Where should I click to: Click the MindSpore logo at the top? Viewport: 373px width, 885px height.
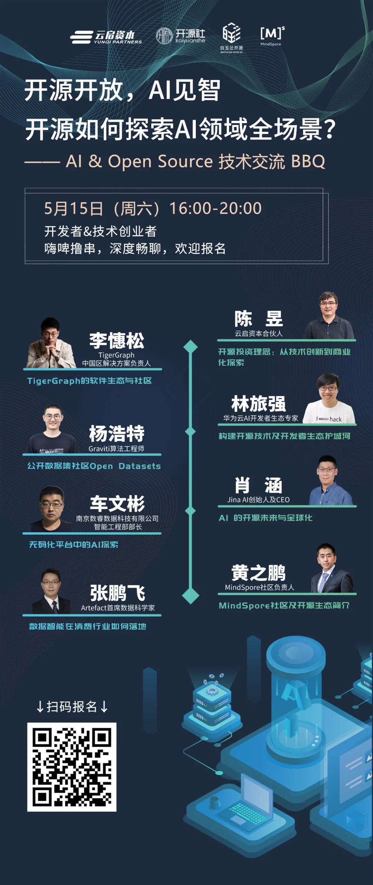(x=272, y=36)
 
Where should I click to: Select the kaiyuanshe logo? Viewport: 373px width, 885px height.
(x=181, y=36)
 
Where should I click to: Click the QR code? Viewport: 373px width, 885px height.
(x=72, y=767)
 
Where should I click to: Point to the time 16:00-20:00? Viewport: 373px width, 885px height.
(x=215, y=208)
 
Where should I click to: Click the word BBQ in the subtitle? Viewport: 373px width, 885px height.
(x=308, y=161)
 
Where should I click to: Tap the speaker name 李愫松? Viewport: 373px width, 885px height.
(x=117, y=340)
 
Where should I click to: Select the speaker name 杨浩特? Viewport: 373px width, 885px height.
(x=117, y=434)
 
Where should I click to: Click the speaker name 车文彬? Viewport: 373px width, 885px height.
(x=117, y=504)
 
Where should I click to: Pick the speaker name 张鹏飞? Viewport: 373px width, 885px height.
(x=118, y=593)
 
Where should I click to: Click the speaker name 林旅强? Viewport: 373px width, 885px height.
(x=259, y=404)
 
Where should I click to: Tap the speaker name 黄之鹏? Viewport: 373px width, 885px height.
(x=259, y=573)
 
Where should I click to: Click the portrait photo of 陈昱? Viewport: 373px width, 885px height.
(x=328, y=316)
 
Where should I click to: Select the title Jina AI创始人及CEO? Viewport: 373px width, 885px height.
(x=258, y=500)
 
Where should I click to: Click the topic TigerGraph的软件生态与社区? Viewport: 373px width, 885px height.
(x=89, y=381)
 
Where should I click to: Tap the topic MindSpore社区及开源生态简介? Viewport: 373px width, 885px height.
(x=284, y=606)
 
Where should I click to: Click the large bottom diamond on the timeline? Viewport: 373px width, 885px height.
(x=190, y=596)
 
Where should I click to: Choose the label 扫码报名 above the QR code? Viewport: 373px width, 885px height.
(x=72, y=707)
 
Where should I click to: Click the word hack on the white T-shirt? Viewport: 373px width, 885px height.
(x=335, y=419)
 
